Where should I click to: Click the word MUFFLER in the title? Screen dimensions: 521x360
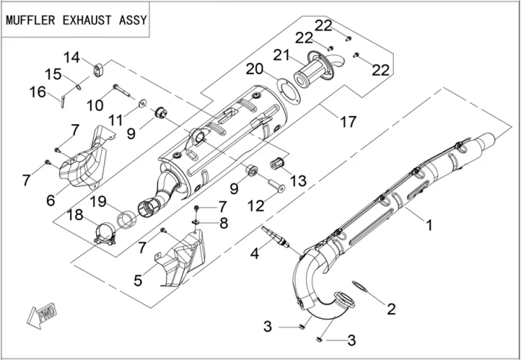(31, 20)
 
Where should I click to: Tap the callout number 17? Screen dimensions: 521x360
(348, 122)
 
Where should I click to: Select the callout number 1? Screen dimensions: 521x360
(429, 225)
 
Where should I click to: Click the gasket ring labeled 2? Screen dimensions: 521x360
(359, 286)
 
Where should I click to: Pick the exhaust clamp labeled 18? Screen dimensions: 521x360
(105, 234)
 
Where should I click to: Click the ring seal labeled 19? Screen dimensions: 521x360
(126, 220)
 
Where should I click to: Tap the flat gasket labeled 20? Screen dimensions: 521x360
(288, 90)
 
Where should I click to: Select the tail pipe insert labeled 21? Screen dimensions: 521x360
(319, 70)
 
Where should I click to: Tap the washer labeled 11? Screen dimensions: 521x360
(143, 103)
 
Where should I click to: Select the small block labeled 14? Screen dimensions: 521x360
(98, 71)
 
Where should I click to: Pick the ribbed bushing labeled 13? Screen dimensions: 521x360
(278, 162)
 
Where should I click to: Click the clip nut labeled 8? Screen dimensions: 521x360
(196, 221)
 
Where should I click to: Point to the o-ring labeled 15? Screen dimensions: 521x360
(78, 87)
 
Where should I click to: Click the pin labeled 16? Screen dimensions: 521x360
(63, 101)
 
